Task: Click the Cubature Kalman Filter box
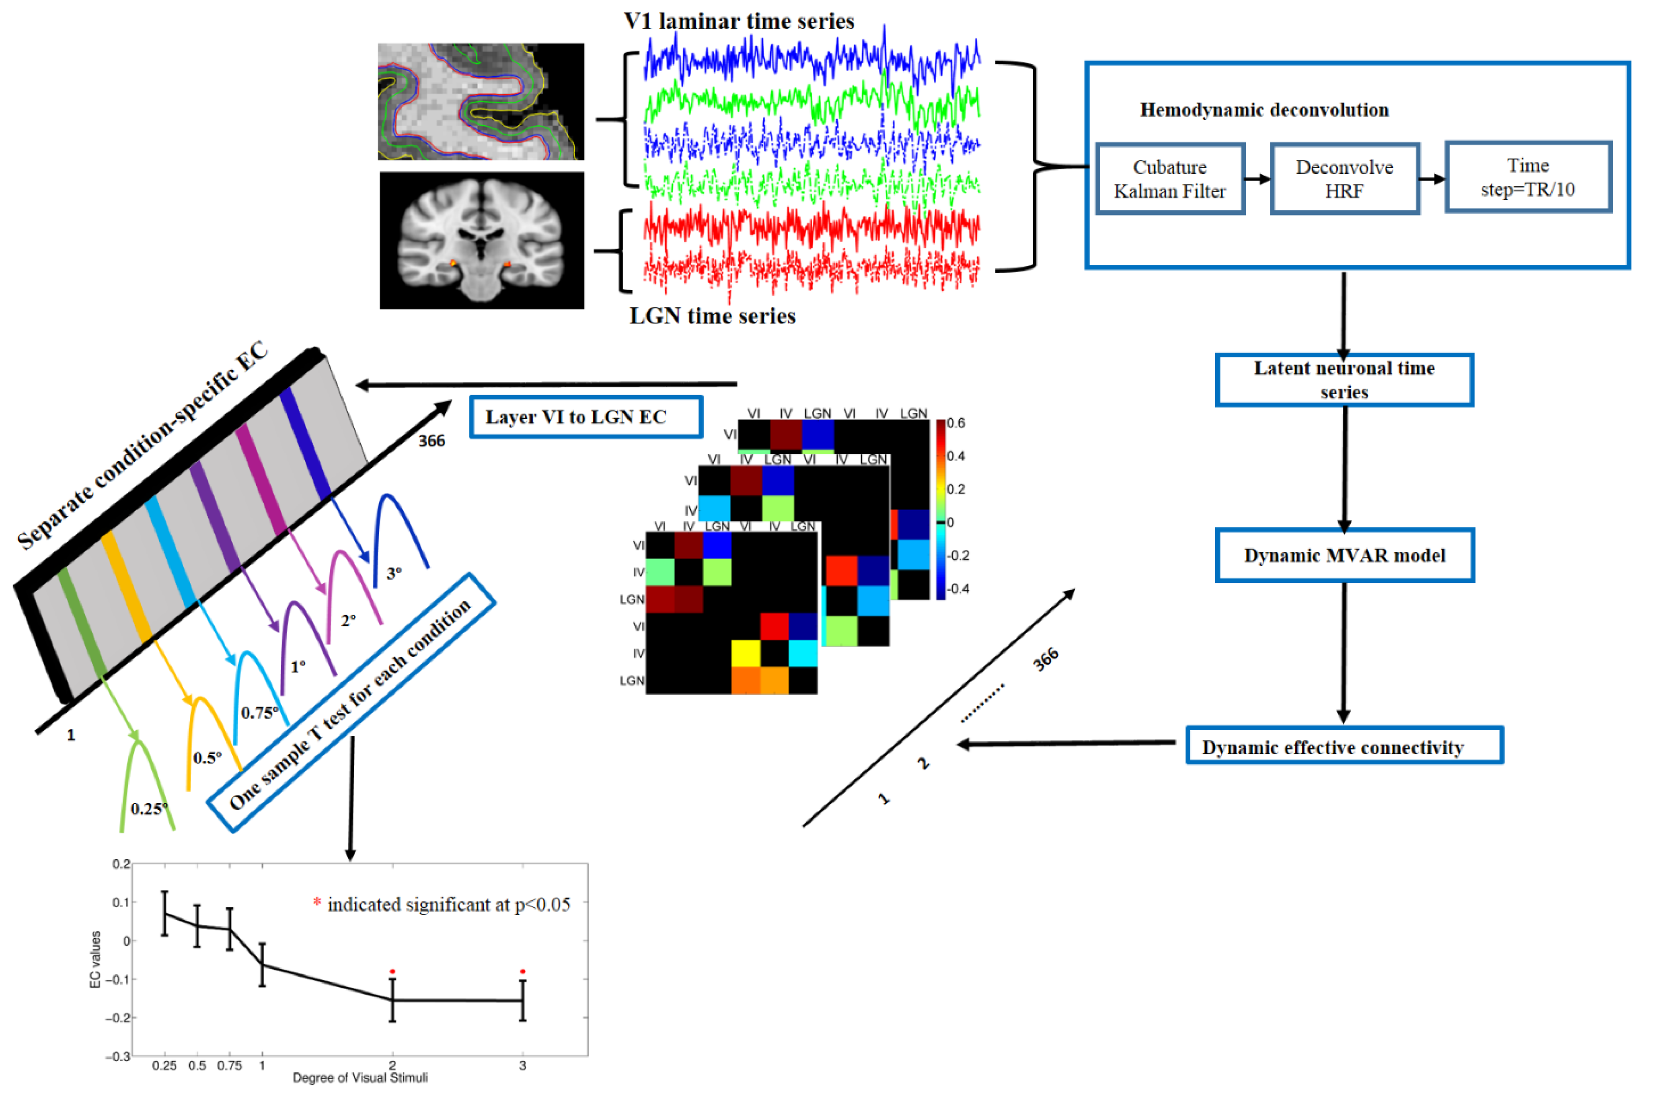(1169, 179)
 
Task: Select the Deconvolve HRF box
(1344, 179)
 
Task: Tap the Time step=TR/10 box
(1528, 177)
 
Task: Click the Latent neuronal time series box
(1344, 380)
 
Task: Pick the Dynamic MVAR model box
(1344, 555)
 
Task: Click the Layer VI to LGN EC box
(585, 417)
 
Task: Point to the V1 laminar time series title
(739, 21)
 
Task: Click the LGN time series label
(712, 316)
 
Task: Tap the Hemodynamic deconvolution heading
(1264, 110)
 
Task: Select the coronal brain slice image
(481, 241)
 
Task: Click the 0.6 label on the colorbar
(956, 423)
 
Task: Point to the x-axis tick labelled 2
(392, 1065)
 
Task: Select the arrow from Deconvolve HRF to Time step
(1432, 179)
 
